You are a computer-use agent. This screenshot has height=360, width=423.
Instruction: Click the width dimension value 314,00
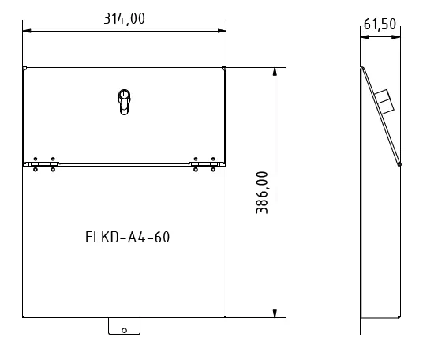click(124, 19)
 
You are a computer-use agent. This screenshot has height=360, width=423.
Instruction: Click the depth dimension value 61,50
click(379, 24)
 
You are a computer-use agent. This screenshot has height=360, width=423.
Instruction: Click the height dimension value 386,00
click(263, 193)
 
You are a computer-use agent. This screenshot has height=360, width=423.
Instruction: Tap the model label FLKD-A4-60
click(126, 237)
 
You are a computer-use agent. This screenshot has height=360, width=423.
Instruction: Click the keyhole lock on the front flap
click(123, 101)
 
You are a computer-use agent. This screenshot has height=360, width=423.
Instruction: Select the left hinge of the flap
click(43, 163)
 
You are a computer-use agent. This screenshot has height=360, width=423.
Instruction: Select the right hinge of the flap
click(204, 163)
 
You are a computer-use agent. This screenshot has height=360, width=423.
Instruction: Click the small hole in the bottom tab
click(123, 329)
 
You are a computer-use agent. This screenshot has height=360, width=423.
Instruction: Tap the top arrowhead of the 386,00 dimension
click(274, 71)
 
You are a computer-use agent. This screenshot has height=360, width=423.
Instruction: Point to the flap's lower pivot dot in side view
click(399, 164)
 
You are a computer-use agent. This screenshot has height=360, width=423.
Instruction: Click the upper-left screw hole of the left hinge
click(36, 159)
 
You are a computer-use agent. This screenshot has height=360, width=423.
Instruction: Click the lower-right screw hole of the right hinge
click(211, 168)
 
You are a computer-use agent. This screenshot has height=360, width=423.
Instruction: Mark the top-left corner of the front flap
click(24, 68)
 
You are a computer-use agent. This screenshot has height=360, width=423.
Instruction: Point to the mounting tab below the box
click(123, 326)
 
